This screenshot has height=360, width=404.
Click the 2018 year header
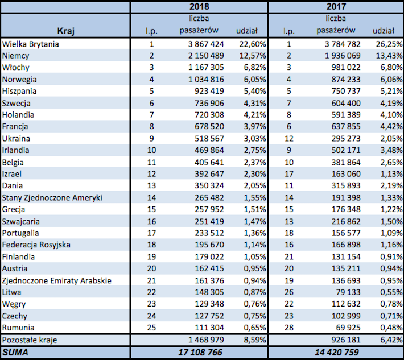[199, 6]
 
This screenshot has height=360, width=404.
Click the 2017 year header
[336, 6]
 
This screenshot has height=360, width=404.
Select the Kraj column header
[65, 31]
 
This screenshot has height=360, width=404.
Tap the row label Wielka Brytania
[30, 44]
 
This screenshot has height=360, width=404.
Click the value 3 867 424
[206, 44]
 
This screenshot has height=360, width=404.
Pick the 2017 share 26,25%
[389, 44]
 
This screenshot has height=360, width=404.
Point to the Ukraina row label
[16, 139]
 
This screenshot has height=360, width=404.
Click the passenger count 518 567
[209, 139]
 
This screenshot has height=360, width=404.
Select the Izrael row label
[12, 174]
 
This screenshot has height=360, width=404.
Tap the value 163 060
[346, 174]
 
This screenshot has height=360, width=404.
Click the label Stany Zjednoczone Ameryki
[52, 198]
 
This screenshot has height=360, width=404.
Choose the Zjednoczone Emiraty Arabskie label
[57, 280]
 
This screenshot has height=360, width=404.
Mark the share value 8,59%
[255, 340]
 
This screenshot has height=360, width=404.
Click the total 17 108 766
[200, 352]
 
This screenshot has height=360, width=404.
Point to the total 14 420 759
[337, 352]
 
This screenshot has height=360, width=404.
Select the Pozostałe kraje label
[30, 340]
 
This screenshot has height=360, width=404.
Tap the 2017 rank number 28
[289, 328]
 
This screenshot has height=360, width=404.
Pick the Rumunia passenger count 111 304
[209, 328]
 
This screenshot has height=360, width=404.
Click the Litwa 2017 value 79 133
[348, 292]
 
